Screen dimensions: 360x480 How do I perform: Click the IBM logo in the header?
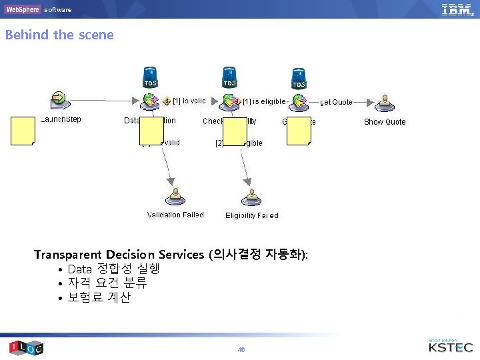tap(457, 9)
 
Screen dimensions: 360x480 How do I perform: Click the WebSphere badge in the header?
tap(23, 9)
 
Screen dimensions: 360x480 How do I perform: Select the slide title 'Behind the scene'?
tap(59, 35)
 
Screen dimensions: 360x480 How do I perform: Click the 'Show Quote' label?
tap(385, 122)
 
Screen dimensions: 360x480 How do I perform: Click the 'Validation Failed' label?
tap(175, 215)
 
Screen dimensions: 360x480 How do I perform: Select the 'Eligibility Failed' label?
tap(252, 215)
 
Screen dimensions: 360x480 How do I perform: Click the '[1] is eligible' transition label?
tap(265, 101)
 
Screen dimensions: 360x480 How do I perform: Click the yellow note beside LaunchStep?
tap(23, 130)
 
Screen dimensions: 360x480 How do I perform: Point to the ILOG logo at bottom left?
tap(26, 347)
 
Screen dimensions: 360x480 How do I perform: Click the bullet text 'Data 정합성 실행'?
tap(113, 269)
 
